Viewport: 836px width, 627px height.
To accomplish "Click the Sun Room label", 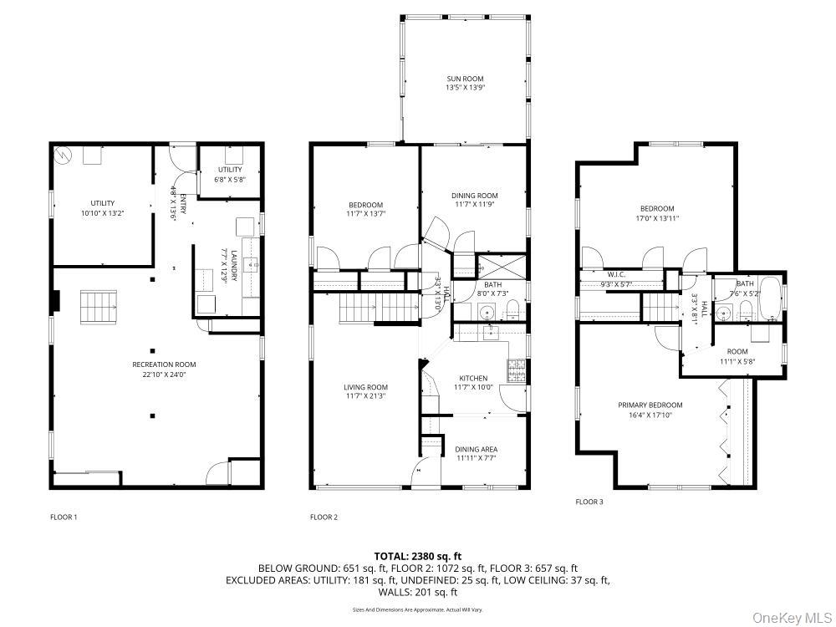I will (465, 79).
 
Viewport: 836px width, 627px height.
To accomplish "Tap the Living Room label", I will (365, 387).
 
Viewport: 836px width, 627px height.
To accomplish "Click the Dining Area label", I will (477, 449).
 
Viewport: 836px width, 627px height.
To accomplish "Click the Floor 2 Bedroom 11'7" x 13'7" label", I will (365, 206).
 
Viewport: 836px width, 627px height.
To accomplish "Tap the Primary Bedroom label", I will (650, 405).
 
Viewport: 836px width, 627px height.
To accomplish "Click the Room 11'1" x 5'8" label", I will (737, 351).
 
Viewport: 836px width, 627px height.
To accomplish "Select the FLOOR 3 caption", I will (589, 502).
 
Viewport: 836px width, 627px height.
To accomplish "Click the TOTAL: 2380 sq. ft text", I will (417, 556).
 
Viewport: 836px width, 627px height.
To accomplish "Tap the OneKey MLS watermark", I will (788, 618).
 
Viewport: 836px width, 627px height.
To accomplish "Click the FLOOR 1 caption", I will (64, 517).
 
